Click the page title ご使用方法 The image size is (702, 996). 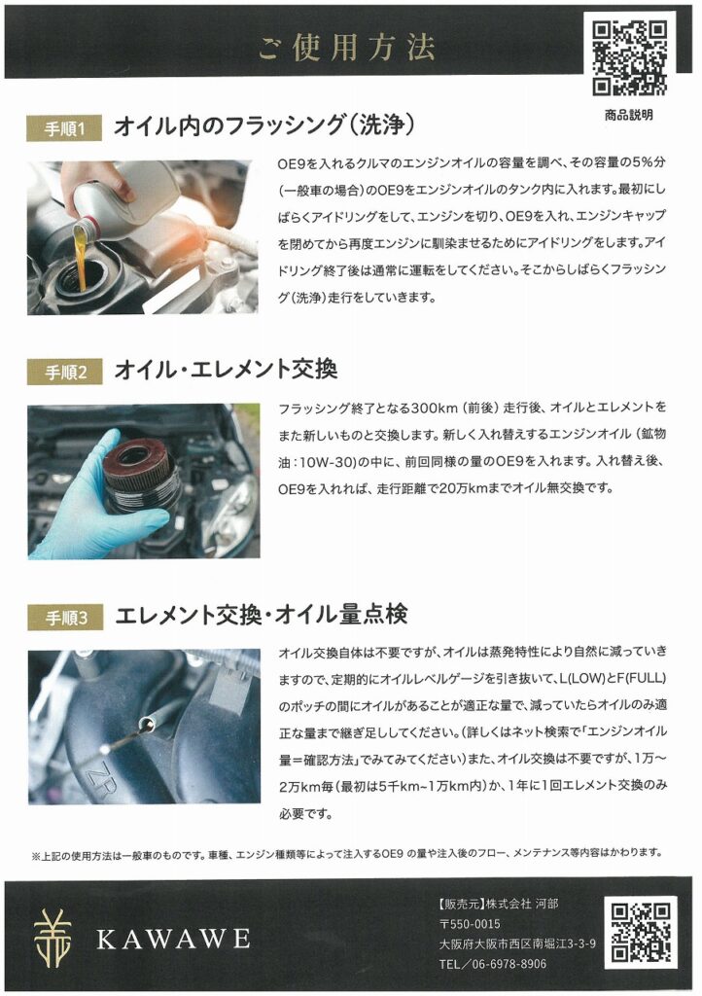coord(346,48)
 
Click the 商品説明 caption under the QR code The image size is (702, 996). coord(628,116)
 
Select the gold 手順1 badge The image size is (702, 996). coord(64,129)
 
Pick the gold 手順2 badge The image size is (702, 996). coord(65,373)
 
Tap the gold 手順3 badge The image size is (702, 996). coord(65,618)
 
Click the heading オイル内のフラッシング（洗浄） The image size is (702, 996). coord(264,125)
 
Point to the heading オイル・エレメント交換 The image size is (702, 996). coord(226,370)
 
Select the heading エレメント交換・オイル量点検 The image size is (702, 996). coord(262,615)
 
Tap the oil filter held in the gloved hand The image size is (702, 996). coord(139,474)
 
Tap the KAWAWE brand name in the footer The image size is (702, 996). coord(174,939)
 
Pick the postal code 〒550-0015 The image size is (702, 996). coord(470,924)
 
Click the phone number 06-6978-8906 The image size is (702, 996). coord(509,964)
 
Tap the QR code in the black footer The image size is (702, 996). coord(641,933)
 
